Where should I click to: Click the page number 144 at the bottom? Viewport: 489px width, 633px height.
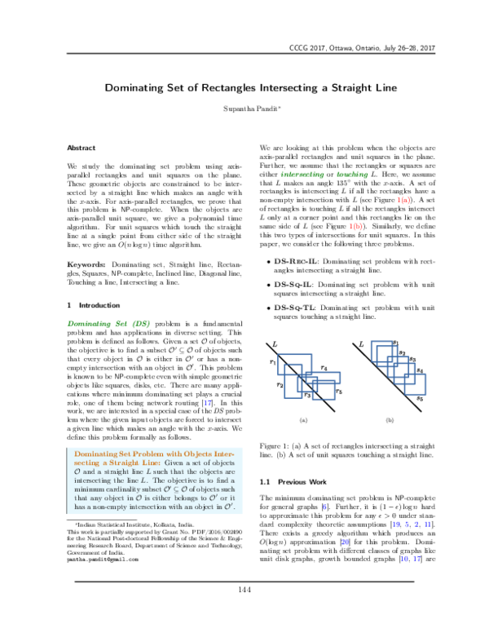click(x=244, y=613)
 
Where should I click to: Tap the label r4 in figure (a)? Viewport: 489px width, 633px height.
click(x=324, y=369)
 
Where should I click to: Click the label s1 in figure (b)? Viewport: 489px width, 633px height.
click(x=394, y=343)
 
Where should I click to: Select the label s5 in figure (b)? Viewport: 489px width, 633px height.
click(x=420, y=399)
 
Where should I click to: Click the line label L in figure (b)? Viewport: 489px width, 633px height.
click(x=360, y=345)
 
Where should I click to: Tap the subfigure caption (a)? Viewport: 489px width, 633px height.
click(x=302, y=420)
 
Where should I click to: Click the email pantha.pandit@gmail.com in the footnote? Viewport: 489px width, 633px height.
click(x=109, y=582)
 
